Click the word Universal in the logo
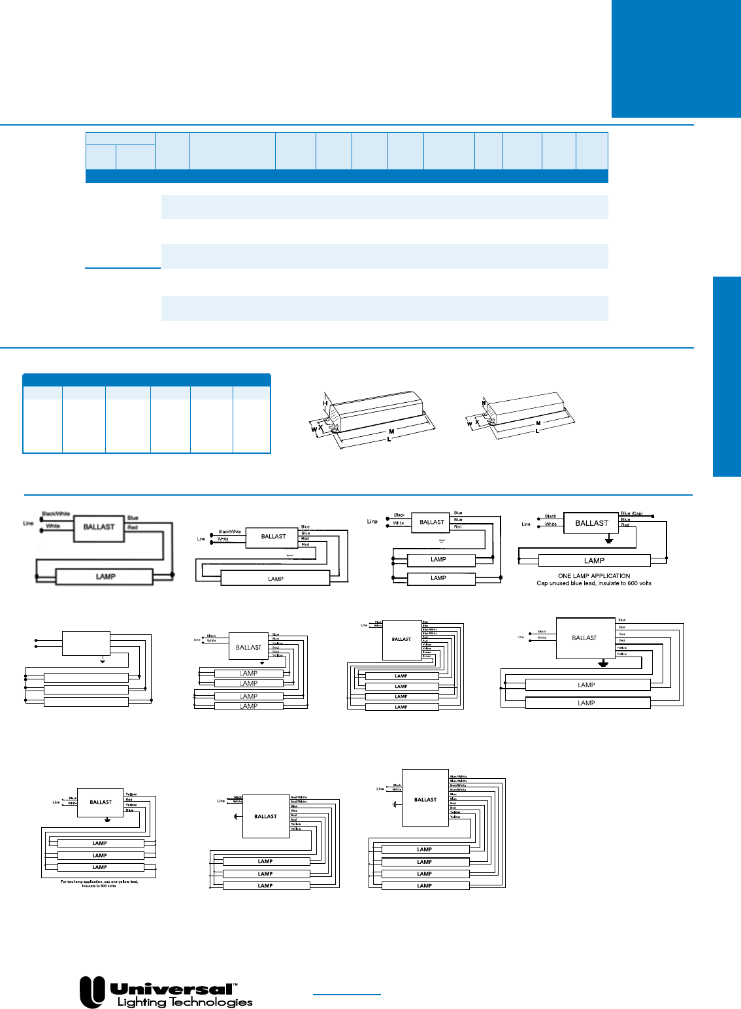click(171, 989)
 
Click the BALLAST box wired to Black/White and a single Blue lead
click(99, 527)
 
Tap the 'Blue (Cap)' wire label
click(632, 513)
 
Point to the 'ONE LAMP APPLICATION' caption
click(594, 576)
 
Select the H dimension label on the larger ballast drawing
click(325, 403)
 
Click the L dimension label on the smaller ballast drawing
click(537, 431)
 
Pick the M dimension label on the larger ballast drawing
click(391, 432)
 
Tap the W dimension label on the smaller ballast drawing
click(469, 424)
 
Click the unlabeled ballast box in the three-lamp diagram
click(86, 643)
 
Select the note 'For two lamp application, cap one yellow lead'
click(99, 883)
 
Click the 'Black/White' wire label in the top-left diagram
click(56, 514)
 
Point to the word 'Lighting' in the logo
click(142, 1002)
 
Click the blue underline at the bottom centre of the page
click(346, 995)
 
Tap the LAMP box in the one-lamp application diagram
click(594, 560)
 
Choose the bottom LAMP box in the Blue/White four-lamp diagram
click(425, 885)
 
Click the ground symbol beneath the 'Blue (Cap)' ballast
click(609, 541)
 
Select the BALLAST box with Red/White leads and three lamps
click(265, 816)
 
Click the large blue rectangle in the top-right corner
click(676, 58)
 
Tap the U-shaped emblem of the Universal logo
click(92, 992)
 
